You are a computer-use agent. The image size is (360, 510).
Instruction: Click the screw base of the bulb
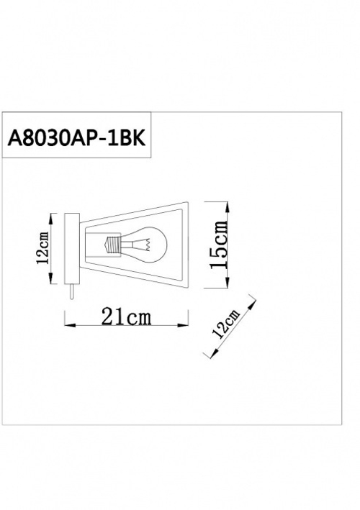click(112, 245)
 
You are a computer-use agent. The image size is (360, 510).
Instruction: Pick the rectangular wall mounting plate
click(72, 248)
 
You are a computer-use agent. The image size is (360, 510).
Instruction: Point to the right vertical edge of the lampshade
click(186, 245)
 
